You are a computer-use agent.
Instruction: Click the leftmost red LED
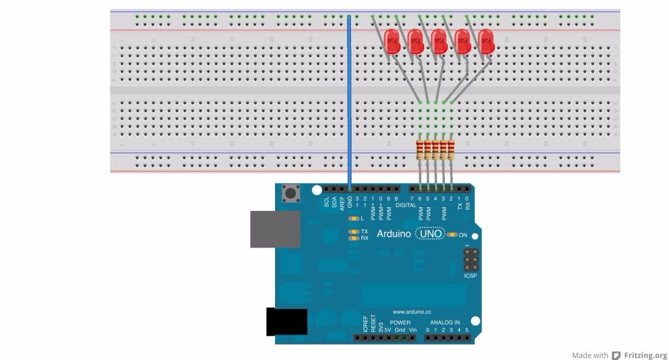point(393,41)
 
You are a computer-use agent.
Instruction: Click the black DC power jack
point(286,322)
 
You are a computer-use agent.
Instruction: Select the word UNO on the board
point(430,233)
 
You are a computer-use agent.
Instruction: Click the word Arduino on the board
point(394,233)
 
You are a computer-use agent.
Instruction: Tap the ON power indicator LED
point(452,235)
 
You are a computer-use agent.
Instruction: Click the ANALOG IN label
point(444,323)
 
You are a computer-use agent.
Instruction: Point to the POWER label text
point(400,323)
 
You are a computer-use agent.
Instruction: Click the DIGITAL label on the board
point(405,205)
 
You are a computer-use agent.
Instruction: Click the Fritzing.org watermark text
point(646,355)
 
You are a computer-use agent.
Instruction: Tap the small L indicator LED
point(354,218)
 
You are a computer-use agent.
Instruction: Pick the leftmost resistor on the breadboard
point(419,150)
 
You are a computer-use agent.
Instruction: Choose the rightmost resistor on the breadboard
point(451,150)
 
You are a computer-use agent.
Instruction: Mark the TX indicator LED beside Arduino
point(354,231)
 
